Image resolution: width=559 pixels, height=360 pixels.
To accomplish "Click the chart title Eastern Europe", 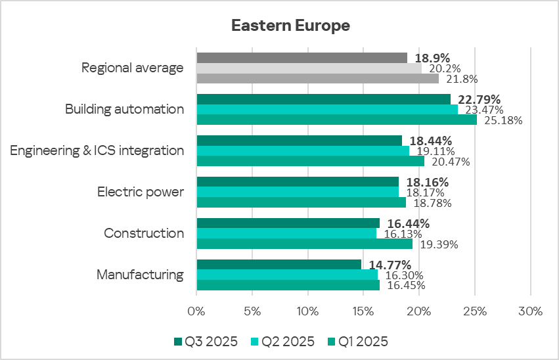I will coord(290,26).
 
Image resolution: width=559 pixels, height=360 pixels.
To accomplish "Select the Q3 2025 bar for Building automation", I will coord(323,99).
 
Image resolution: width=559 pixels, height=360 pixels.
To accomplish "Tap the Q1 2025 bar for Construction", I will coord(305,244).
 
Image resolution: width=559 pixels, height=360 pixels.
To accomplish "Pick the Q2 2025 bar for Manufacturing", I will coord(287,275).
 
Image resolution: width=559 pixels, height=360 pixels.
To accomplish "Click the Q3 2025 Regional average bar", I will coord(302,58).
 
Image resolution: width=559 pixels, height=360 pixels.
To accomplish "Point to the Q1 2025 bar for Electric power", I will coord(301,202).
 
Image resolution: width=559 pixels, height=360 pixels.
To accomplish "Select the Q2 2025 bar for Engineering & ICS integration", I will coord(303,150).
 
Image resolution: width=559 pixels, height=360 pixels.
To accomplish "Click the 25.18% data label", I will coord(503,120).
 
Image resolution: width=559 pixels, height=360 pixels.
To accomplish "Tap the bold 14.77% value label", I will coord(386,265).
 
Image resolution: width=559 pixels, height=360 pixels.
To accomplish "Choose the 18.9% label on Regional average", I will coord(430,58).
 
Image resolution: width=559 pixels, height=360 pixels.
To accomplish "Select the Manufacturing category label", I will coord(140,275).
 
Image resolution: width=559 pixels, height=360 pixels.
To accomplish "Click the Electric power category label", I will coord(141,192).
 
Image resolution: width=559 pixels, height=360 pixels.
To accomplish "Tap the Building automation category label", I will coord(124,109).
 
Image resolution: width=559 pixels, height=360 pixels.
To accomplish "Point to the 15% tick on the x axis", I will coord(363,311).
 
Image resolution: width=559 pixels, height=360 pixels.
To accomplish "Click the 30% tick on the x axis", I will coord(530,311).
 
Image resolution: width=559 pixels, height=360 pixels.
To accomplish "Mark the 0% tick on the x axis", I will coord(196,311).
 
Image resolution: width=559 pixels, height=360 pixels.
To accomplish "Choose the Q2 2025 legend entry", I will coord(282,342).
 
